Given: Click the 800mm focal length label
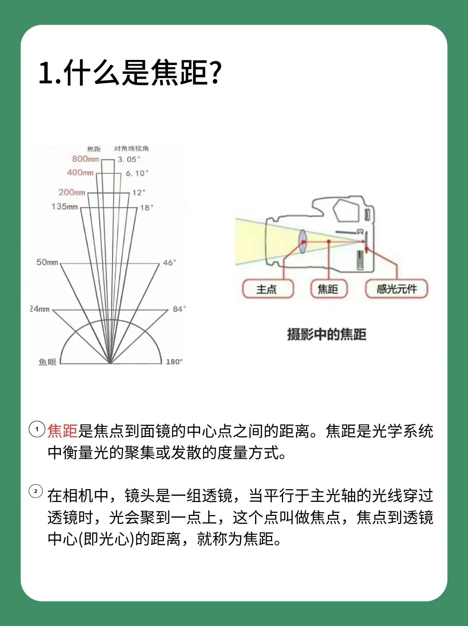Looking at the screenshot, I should point(86,159).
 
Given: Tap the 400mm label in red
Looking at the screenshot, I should point(80,172).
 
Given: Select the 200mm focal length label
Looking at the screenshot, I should point(72,192).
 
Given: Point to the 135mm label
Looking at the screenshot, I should point(65,207).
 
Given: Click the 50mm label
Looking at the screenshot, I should point(47,262).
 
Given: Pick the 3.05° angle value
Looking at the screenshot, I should point(129,160).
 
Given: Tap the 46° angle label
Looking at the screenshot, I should point(169,262).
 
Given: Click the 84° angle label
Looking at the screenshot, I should point(179,309).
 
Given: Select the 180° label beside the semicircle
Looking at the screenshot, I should point(174,362).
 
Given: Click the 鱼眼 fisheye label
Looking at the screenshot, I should point(47,362).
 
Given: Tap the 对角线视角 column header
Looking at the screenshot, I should point(131,149).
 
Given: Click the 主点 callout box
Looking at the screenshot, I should point(268,289).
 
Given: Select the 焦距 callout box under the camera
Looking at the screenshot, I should point(328,289).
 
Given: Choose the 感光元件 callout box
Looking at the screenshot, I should point(396,289).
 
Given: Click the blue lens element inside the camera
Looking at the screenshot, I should point(302,242).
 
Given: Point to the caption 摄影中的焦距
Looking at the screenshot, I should point(326,334).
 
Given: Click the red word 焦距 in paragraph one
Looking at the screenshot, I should point(63,431).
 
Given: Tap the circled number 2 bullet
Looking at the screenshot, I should point(36,491).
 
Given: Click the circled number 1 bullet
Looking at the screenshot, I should point(37,429).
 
